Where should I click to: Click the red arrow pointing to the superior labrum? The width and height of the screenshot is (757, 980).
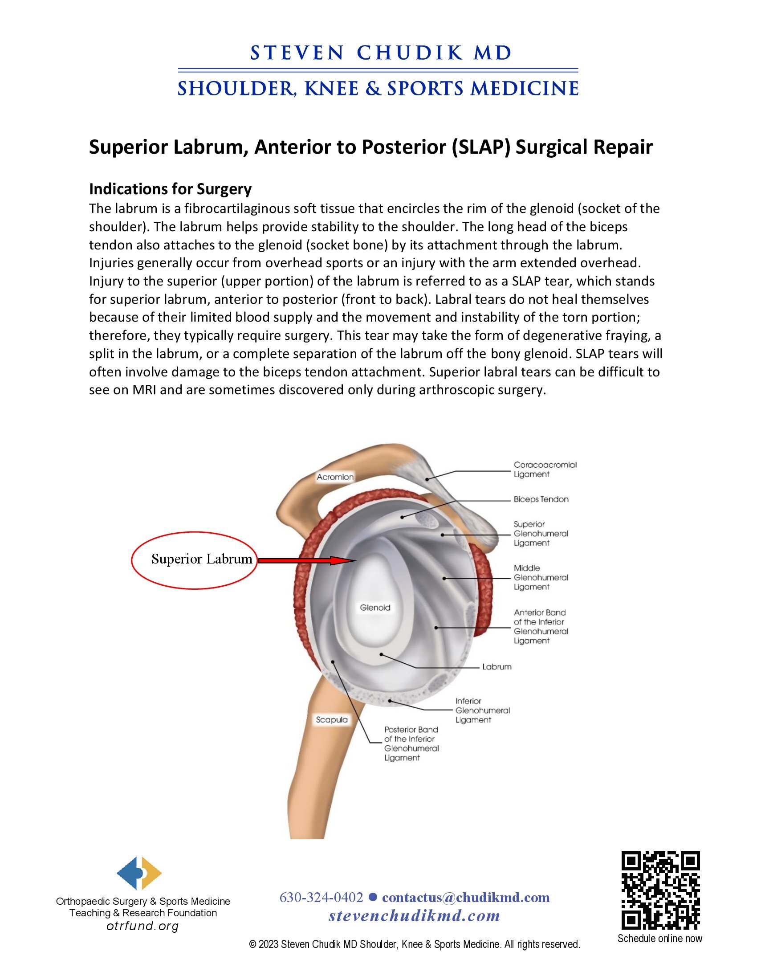pyautogui.click(x=307, y=560)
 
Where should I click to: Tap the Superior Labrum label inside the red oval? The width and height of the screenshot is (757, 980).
pyautogui.click(x=202, y=559)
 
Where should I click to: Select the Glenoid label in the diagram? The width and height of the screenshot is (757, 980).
pyautogui.click(x=375, y=608)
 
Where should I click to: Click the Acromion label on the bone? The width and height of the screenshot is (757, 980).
pyautogui.click(x=335, y=477)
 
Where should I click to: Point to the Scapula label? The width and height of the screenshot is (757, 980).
pyautogui.click(x=331, y=720)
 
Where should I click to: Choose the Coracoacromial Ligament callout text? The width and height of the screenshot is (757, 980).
pyautogui.click(x=545, y=470)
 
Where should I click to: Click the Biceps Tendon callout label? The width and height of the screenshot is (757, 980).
pyautogui.click(x=541, y=499)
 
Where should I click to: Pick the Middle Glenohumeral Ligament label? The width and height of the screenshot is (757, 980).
pyautogui.click(x=541, y=577)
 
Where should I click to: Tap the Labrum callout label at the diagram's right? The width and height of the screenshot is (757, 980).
pyautogui.click(x=497, y=667)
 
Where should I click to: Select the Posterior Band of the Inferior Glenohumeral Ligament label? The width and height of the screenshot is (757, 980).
pyautogui.click(x=411, y=743)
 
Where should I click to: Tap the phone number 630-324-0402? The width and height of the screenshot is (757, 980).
pyautogui.click(x=321, y=898)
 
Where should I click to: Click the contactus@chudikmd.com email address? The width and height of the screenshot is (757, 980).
pyautogui.click(x=465, y=898)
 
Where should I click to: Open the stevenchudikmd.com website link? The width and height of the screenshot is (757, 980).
pyautogui.click(x=414, y=916)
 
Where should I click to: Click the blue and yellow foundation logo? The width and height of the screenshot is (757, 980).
pyautogui.click(x=139, y=873)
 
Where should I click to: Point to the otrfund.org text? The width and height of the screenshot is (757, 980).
pyautogui.click(x=142, y=926)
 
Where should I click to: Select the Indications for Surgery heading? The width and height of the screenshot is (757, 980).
pyautogui.click(x=170, y=189)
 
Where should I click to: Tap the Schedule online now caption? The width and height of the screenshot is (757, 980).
pyautogui.click(x=659, y=938)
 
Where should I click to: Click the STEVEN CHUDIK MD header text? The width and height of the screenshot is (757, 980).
pyautogui.click(x=381, y=53)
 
